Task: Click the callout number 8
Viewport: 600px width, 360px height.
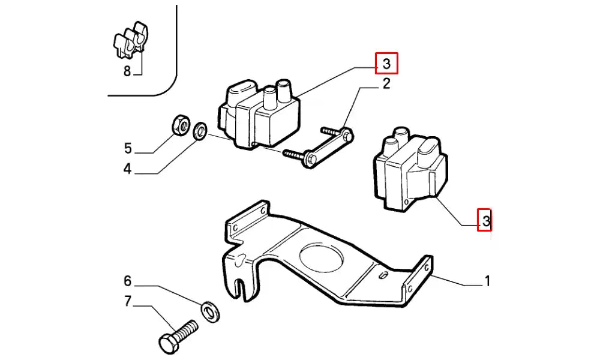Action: pyautogui.click(x=127, y=71)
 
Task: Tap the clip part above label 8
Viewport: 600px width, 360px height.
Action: pyautogui.click(x=131, y=40)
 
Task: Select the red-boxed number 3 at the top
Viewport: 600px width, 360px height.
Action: pyautogui.click(x=386, y=63)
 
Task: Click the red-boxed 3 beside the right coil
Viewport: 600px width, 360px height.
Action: pyautogui.click(x=485, y=221)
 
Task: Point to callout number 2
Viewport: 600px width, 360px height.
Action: pyautogui.click(x=386, y=84)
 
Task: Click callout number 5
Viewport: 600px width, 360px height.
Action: pyautogui.click(x=127, y=148)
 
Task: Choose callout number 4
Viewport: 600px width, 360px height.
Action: pyautogui.click(x=127, y=169)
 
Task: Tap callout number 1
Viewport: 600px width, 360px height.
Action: pyautogui.click(x=488, y=280)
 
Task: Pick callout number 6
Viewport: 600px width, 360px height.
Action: pyautogui.click(x=127, y=281)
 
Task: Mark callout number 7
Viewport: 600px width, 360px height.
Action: pyautogui.click(x=127, y=301)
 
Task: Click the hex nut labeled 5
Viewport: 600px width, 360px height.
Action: pyautogui.click(x=178, y=125)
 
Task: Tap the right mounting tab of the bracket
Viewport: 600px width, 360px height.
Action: pyautogui.click(x=420, y=276)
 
